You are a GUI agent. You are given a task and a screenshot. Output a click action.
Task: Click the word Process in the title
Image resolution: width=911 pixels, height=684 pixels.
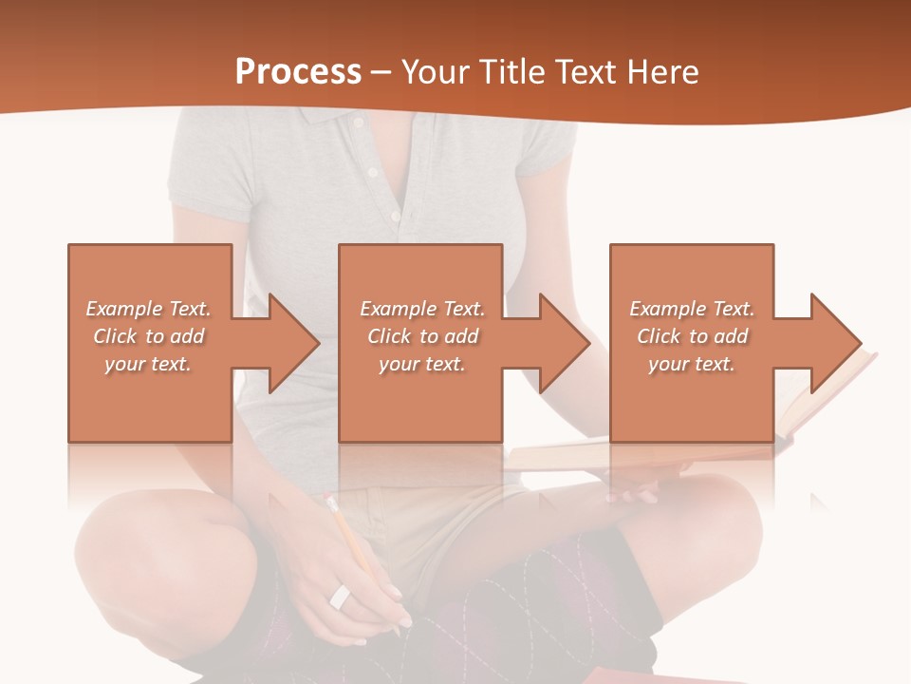298,72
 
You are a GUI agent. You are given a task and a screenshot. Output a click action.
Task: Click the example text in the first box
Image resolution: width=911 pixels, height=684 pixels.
149,336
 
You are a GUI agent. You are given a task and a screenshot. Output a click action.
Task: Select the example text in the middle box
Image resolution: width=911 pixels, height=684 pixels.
422,336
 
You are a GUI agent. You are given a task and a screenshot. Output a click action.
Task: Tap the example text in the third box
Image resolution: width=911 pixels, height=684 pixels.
692,336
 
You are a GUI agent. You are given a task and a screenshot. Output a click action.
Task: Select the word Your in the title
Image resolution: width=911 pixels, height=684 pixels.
432,72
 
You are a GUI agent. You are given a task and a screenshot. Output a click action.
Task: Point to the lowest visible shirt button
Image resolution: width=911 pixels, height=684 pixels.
397,217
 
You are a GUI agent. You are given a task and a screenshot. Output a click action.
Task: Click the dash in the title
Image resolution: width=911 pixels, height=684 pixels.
381,73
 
